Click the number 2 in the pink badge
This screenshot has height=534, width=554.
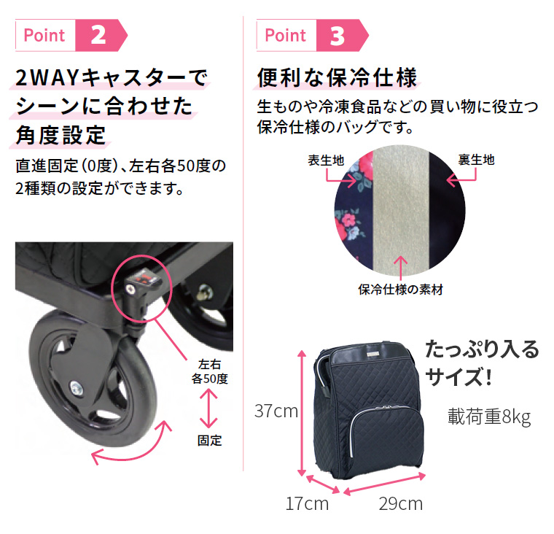99,36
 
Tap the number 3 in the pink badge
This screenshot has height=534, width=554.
338,36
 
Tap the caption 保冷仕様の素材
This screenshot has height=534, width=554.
400,289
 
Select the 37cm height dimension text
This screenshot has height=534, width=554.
276,411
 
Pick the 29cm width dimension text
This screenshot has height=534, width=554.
400,503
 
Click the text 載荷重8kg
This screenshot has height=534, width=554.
488,417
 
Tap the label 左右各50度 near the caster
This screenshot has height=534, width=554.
210,371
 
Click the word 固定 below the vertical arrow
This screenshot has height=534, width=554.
209,441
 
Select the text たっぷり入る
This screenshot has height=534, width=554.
482,349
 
